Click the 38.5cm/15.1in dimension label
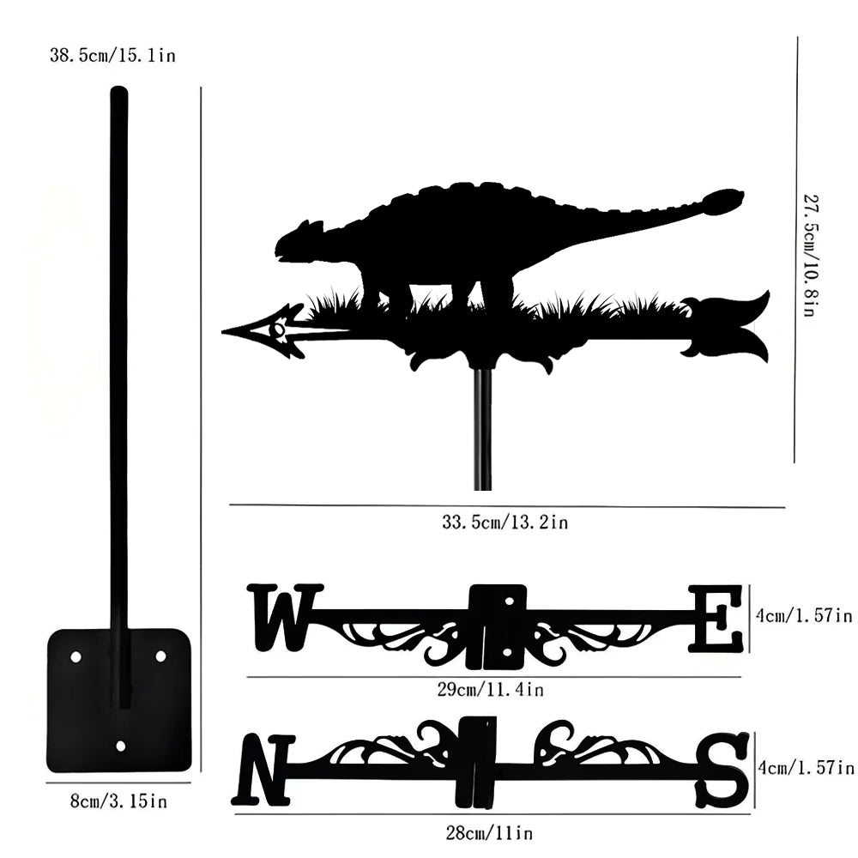click(x=113, y=57)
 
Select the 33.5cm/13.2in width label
click(x=505, y=522)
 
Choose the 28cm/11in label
click(x=491, y=832)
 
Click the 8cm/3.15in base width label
click(x=118, y=801)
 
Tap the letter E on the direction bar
click(x=716, y=618)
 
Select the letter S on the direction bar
click(x=722, y=769)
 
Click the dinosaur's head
click(x=299, y=241)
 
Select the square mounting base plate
click(x=118, y=699)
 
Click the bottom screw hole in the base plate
click(x=120, y=746)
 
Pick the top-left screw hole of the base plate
click(x=76, y=656)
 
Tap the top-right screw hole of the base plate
click(x=160, y=656)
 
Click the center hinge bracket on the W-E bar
click(x=498, y=625)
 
